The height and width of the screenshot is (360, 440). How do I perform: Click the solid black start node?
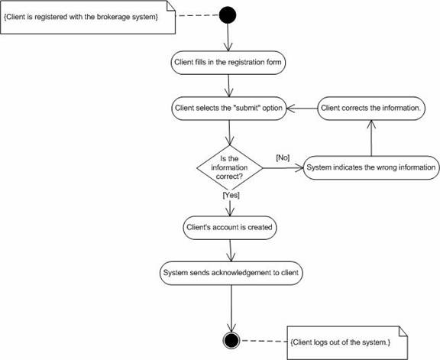coord(228,15)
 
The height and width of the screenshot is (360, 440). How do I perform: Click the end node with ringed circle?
coord(231,340)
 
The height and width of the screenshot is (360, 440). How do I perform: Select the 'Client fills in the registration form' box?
coord(228,63)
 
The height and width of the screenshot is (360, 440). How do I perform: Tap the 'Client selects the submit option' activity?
coord(229,109)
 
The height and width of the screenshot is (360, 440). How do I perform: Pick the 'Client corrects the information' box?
coord(371,109)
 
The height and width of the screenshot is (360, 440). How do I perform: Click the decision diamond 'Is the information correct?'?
coord(230,168)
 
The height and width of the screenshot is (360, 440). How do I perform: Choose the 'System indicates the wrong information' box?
coord(371,167)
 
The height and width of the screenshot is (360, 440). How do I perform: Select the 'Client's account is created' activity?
coord(230,228)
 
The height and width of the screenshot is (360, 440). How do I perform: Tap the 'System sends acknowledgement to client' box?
coord(231,273)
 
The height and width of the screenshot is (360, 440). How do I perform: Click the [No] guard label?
coord(283,157)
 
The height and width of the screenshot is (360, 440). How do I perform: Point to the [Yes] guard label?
coord(231,195)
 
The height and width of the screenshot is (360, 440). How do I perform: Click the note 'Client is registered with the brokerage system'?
coord(88,17)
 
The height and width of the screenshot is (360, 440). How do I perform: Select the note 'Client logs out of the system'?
coord(348,342)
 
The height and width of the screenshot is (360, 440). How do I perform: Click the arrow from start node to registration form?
coord(228,37)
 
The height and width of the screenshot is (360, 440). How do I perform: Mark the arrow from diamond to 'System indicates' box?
coord(283,168)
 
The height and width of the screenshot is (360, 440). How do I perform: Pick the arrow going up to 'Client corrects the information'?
coord(371,138)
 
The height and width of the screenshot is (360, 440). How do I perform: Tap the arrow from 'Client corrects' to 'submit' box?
coord(302,109)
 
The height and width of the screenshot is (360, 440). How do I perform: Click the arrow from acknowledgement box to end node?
coord(231,309)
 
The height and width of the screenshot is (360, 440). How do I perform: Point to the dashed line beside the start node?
coord(198,15)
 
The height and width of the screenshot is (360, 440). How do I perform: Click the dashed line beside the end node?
coord(264,341)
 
